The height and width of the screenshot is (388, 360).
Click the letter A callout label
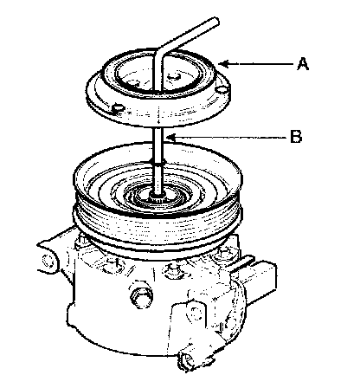coord(303,64)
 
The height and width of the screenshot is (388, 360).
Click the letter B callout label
coord(296,136)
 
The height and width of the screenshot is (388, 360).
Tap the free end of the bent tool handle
coord(215,22)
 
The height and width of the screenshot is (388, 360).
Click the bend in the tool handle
coord(159,52)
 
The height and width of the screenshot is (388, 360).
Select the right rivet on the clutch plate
coord(222,90)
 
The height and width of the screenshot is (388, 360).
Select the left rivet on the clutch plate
coord(118,108)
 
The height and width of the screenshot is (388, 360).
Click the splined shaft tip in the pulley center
coord(157,198)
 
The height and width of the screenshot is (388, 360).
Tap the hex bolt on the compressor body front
coord(141,296)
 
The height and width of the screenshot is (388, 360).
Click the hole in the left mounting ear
coord(48,261)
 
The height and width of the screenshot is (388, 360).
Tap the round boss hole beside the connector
coord(196,314)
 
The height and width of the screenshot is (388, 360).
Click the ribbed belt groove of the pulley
coord(157,228)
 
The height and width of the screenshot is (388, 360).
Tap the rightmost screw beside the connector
coord(222,253)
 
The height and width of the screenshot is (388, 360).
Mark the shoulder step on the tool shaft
coord(158,162)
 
